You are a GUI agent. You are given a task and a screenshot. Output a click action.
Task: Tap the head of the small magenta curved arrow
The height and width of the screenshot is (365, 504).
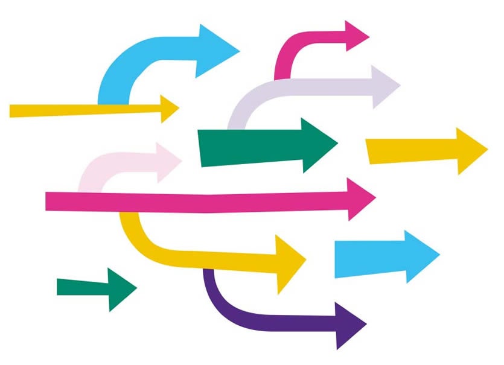pyautogui.click(x=356, y=36)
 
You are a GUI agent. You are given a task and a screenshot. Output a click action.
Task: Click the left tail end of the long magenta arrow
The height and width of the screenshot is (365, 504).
pyautogui.click(x=50, y=201)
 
